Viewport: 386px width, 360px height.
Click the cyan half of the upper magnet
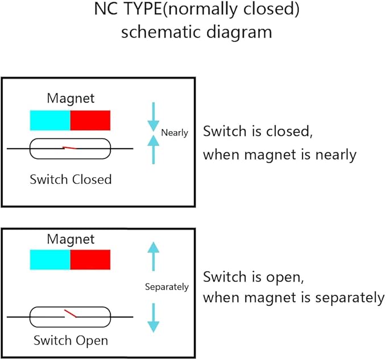(50, 120)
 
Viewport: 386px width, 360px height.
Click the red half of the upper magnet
(90, 120)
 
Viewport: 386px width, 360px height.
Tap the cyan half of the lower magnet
(50, 259)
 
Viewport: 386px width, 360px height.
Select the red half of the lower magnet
(90, 259)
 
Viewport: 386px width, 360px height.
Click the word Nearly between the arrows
(175, 133)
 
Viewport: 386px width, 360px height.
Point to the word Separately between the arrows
(167, 287)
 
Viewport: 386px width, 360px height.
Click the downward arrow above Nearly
(153, 117)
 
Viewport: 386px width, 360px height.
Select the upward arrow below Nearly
(153, 149)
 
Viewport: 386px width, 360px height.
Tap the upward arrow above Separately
(153, 257)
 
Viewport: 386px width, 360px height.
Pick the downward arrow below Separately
(153, 318)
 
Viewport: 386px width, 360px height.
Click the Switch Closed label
(70, 179)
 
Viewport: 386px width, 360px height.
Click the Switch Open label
(71, 341)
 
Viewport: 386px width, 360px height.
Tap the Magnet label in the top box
(70, 99)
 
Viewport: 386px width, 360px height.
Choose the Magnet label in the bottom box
(70, 240)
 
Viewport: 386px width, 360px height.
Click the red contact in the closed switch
(70, 148)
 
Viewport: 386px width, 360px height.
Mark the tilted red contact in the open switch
(70, 313)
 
